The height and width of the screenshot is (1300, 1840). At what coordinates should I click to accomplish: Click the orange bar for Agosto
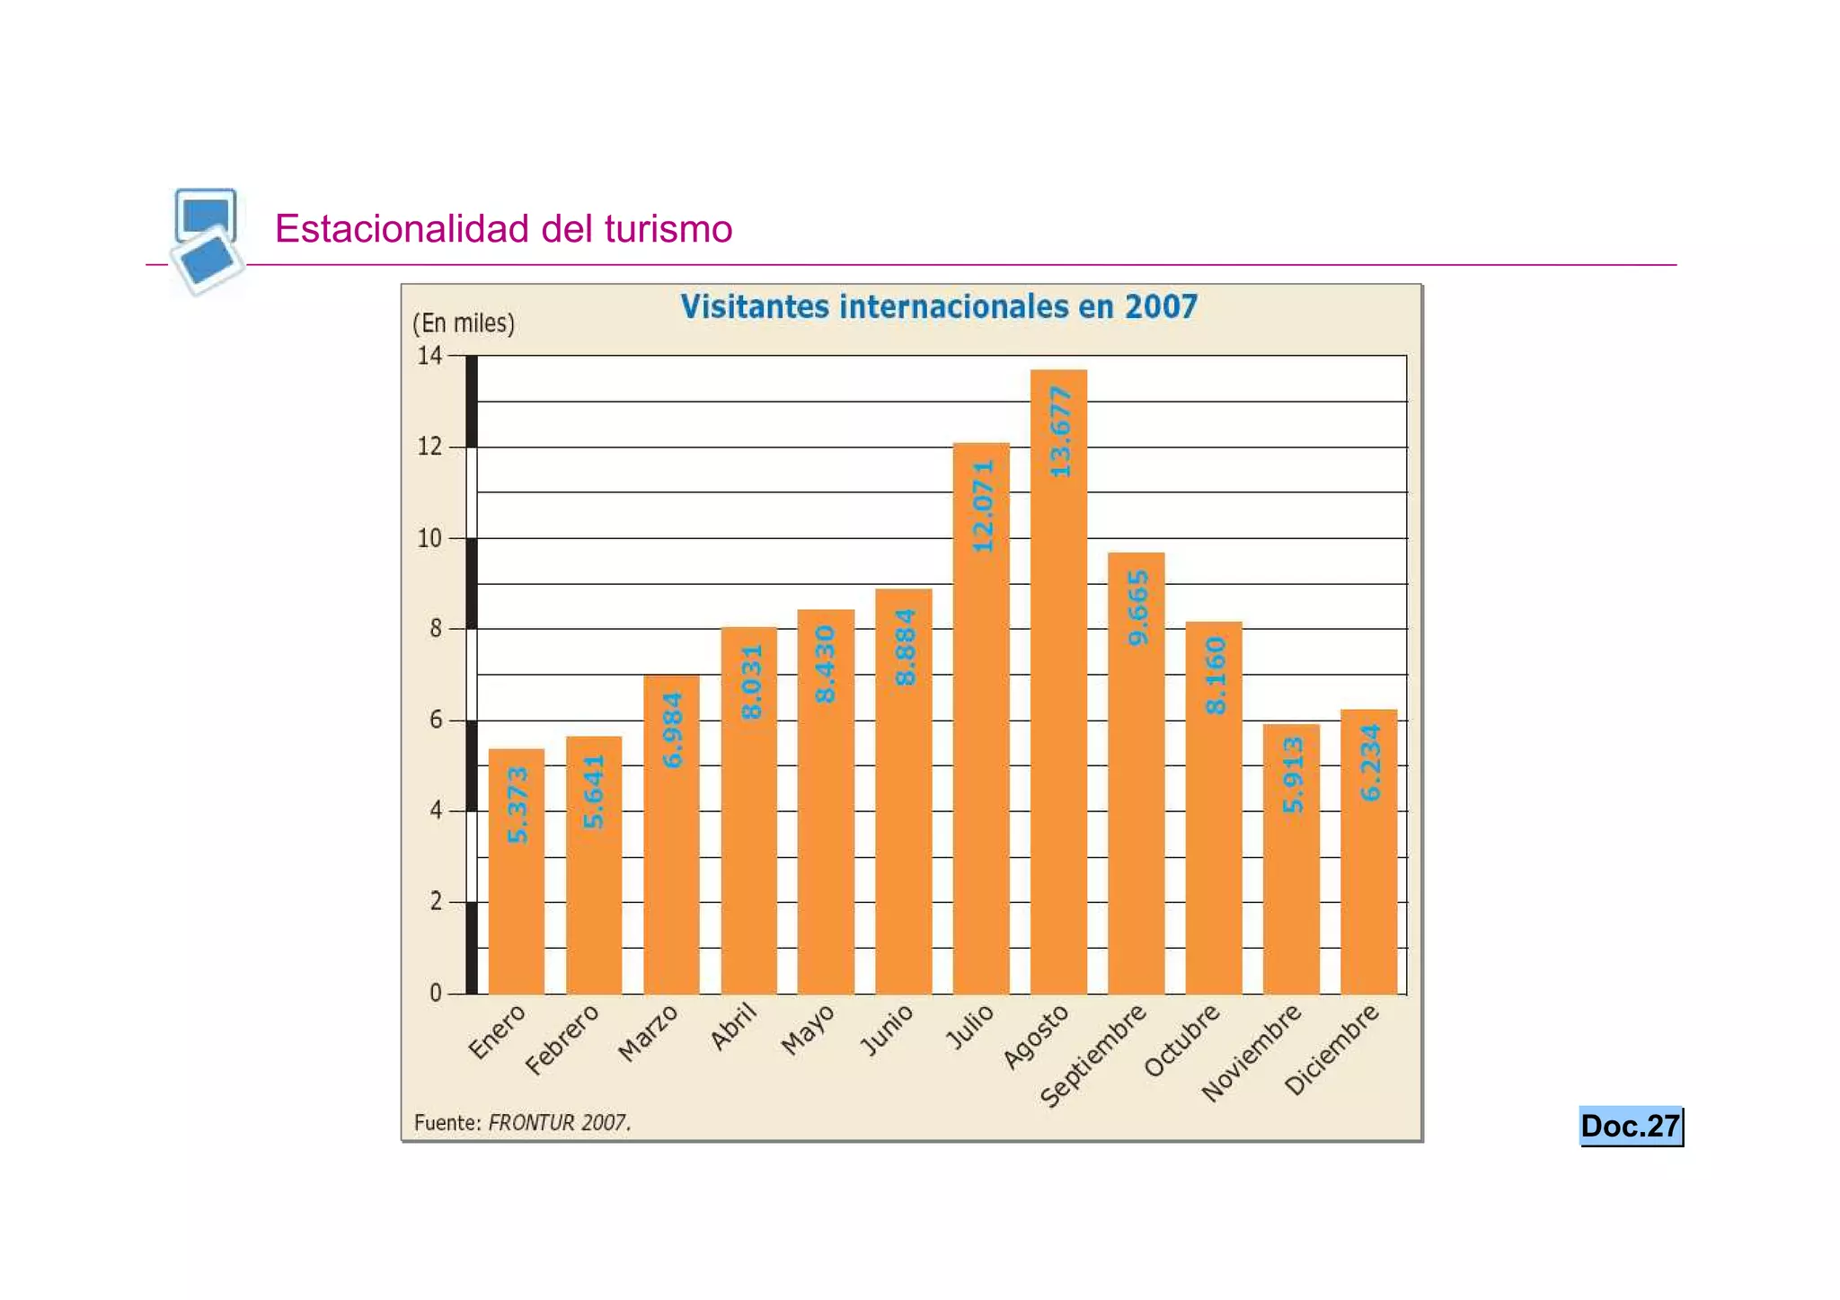tap(1058, 683)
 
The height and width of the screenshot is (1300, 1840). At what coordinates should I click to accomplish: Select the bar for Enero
tap(517, 871)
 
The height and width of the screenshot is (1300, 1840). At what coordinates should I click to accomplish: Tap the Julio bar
tap(981, 719)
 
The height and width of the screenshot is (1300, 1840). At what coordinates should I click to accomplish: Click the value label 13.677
tap(1060, 432)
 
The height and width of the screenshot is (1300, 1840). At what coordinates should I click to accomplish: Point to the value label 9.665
tap(1137, 607)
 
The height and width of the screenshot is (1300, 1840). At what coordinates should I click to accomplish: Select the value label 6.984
tap(672, 730)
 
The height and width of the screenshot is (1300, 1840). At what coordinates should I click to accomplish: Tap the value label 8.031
tap(751, 681)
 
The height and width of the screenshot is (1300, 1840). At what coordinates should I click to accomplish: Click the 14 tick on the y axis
tap(429, 356)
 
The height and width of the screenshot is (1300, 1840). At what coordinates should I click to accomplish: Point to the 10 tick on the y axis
tap(429, 538)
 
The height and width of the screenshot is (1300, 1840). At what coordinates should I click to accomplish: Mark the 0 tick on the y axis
tap(436, 993)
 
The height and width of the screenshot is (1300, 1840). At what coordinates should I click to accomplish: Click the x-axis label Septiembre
tap(1093, 1056)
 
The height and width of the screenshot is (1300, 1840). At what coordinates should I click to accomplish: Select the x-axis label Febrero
tap(562, 1039)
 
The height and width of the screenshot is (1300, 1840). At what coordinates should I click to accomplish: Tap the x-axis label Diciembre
tap(1331, 1050)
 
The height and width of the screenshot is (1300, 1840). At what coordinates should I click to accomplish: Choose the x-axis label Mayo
tap(808, 1030)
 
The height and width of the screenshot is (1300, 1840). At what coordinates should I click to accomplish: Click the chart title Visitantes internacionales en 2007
tap(938, 307)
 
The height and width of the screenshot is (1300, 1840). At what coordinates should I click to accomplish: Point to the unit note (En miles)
tap(464, 323)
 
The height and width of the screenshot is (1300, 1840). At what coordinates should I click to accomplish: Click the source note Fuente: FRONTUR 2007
tap(522, 1122)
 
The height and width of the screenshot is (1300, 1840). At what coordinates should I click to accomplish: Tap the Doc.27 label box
tap(1630, 1126)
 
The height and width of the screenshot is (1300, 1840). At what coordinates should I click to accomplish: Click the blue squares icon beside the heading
tap(207, 239)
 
